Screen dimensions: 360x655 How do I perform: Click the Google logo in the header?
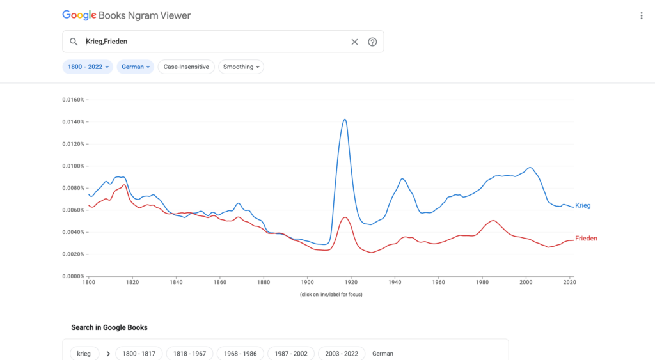80,15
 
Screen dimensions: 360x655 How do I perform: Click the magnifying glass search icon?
74,42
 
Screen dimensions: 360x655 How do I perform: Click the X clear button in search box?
354,42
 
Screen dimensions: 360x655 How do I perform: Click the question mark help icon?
372,42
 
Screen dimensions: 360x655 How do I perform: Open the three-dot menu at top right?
641,15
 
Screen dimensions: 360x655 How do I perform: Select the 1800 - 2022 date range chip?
88,67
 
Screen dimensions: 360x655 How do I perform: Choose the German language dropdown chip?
135,67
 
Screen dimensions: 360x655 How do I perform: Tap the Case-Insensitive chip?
186,67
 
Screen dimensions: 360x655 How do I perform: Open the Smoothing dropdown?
241,67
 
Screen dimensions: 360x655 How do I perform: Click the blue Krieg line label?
583,205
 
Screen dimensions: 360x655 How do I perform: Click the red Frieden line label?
586,239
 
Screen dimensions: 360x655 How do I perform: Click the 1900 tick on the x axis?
307,281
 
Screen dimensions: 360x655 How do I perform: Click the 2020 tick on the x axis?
569,281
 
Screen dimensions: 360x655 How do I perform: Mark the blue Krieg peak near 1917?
345,120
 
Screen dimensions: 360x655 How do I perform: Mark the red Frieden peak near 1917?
345,217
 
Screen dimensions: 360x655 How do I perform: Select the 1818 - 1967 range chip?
189,353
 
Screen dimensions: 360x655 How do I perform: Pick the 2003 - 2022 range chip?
342,353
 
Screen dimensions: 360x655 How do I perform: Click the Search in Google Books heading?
109,327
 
